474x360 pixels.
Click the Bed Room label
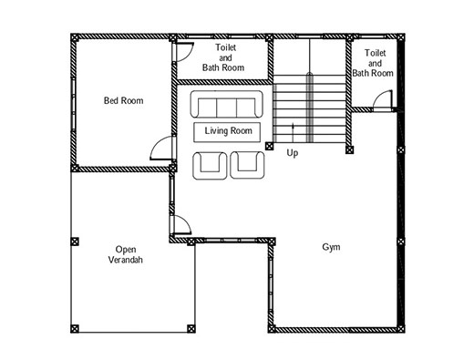click(x=123, y=100)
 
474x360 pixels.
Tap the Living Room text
click(x=228, y=131)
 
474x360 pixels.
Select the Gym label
click(x=331, y=247)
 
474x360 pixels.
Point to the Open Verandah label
click(x=126, y=254)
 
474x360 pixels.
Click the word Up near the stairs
click(x=293, y=153)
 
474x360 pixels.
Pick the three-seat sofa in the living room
click(x=226, y=104)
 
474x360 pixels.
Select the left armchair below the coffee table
click(x=210, y=166)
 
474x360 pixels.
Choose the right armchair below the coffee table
click(x=247, y=166)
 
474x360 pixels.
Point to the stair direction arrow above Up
click(x=293, y=132)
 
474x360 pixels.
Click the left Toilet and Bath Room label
click(x=223, y=57)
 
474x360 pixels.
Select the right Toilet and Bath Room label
click(x=373, y=63)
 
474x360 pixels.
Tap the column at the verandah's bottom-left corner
click(x=75, y=329)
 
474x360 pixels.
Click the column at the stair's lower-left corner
click(x=269, y=146)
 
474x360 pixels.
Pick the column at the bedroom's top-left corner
click(x=75, y=37)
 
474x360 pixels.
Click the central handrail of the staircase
click(x=309, y=108)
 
